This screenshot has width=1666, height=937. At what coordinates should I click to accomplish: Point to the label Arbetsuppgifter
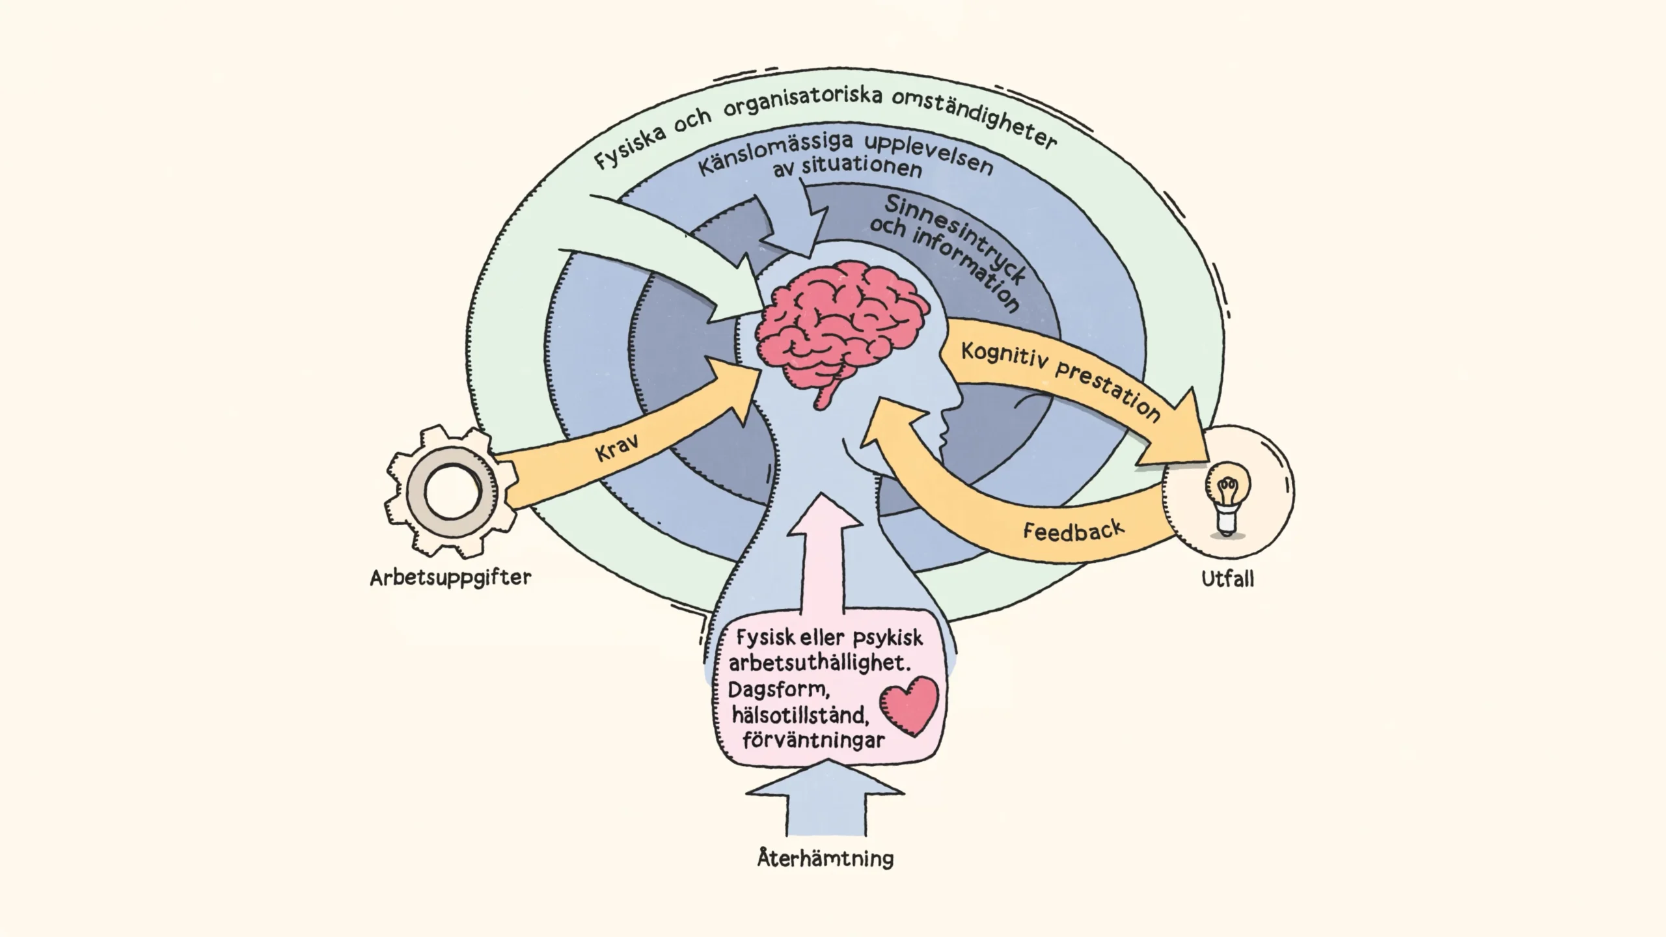(450, 578)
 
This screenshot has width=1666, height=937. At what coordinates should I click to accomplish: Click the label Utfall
(1227, 579)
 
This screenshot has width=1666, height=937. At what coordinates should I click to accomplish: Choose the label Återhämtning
(825, 858)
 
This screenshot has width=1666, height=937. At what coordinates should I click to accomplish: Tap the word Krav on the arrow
(616, 448)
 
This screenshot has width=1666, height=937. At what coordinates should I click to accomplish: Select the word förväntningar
(813, 740)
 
